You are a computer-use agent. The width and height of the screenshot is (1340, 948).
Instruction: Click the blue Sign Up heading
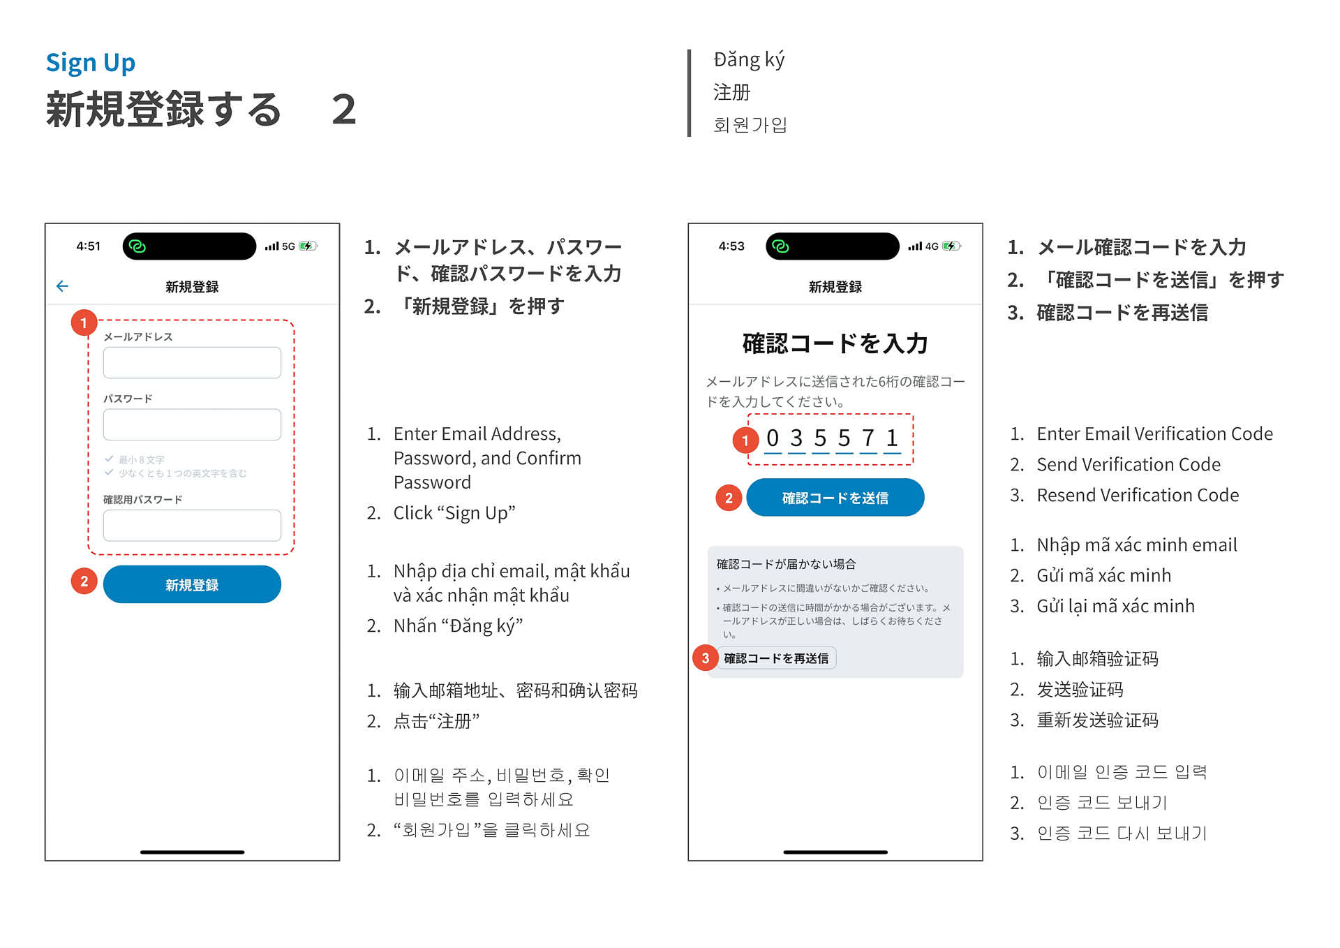[x=91, y=63]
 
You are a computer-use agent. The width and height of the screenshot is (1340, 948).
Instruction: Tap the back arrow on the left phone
[x=62, y=286]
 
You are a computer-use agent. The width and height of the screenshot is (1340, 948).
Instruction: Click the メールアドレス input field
[x=192, y=363]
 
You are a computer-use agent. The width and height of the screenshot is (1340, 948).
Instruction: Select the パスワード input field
[x=192, y=424]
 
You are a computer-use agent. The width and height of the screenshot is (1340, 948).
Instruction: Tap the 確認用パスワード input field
[x=192, y=525]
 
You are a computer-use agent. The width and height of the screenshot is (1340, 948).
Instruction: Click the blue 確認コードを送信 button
[x=835, y=498]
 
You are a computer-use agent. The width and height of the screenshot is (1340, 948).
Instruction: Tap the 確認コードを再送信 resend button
[x=776, y=658]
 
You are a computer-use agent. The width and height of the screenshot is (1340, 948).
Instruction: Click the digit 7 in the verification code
[x=868, y=438]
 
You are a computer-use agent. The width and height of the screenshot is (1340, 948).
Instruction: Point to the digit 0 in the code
[x=772, y=438]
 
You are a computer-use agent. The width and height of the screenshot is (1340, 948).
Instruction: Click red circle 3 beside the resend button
[x=706, y=658]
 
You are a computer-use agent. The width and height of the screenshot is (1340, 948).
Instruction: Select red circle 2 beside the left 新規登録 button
[x=84, y=582]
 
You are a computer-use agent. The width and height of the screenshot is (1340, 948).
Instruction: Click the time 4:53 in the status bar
[x=731, y=246]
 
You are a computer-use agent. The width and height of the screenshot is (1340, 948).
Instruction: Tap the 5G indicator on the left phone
[x=288, y=246]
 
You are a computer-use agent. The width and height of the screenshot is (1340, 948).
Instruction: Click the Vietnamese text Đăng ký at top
[x=749, y=60]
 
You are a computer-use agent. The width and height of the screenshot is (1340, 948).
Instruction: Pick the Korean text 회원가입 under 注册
[x=750, y=125]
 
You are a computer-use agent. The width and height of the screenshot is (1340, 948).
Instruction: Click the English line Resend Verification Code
[x=1138, y=495]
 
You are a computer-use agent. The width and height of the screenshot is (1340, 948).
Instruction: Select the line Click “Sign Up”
[x=454, y=513]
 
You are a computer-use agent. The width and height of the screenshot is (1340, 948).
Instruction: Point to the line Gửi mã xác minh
[x=1103, y=575]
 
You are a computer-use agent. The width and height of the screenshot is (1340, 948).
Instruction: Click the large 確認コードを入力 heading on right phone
[x=835, y=343]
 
